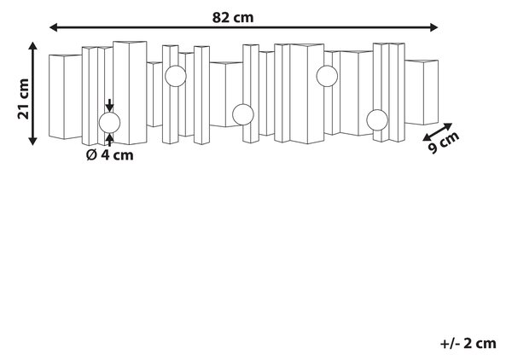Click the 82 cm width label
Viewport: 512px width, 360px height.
(232, 17)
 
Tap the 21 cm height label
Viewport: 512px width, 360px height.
(24, 99)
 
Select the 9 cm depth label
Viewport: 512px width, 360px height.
(444, 142)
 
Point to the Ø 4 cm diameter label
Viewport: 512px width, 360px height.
(110, 154)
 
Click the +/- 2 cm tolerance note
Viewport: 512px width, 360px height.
(468, 343)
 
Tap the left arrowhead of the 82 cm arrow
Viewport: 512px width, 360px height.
(53, 27)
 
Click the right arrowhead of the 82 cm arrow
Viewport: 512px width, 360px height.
(433, 27)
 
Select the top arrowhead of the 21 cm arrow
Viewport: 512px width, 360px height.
(32, 46)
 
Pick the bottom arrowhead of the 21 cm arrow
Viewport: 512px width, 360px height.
(32, 141)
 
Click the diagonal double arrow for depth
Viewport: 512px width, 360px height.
(438, 132)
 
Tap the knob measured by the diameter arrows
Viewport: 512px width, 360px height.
(110, 123)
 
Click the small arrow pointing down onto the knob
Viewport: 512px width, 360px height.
(110, 106)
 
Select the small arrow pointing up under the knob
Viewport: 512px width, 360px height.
(110, 140)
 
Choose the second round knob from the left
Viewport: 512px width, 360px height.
(176, 76)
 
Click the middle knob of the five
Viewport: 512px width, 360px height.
(243, 114)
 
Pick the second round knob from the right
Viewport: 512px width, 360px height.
(327, 76)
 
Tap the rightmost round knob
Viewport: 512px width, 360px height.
(377, 120)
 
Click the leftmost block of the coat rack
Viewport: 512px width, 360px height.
(65, 96)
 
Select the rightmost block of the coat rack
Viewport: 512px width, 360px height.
(422, 92)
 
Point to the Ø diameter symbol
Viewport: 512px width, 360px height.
(91, 154)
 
